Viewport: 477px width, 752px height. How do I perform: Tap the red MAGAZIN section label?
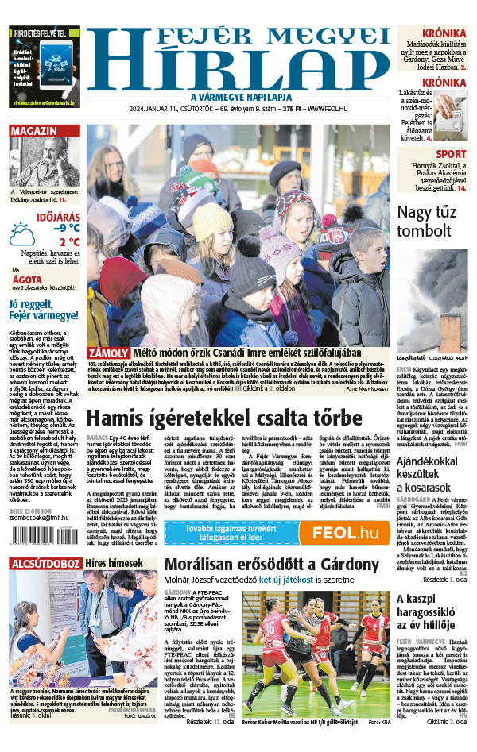[x=33, y=131]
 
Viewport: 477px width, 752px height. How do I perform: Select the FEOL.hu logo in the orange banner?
[x=344, y=534]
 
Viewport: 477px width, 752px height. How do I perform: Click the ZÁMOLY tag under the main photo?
[x=107, y=353]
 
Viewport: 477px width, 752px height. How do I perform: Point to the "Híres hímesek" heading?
[x=114, y=563]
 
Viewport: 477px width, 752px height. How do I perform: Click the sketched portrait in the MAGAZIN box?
[x=43, y=164]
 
